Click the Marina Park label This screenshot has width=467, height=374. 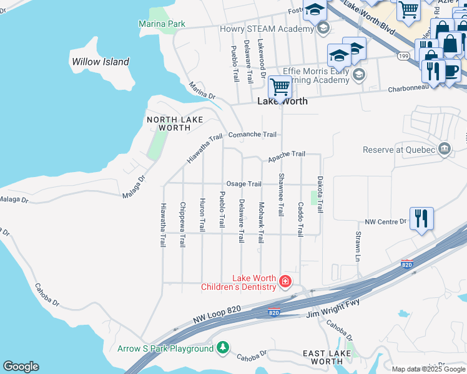(x=162, y=24)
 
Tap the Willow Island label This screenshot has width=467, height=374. (x=100, y=62)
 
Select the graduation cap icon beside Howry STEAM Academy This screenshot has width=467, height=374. (x=323, y=29)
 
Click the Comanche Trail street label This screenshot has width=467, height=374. (x=252, y=135)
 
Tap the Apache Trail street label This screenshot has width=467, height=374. (x=287, y=154)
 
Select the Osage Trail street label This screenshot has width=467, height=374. (x=243, y=184)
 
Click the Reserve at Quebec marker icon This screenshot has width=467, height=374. (x=445, y=149)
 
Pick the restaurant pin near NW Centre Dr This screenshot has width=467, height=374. (x=421, y=219)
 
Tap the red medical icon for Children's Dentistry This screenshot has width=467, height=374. (x=285, y=282)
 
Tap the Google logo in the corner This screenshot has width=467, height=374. (x=21, y=367)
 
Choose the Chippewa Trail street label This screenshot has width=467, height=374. (x=182, y=225)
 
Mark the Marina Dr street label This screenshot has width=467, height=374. (x=202, y=92)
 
